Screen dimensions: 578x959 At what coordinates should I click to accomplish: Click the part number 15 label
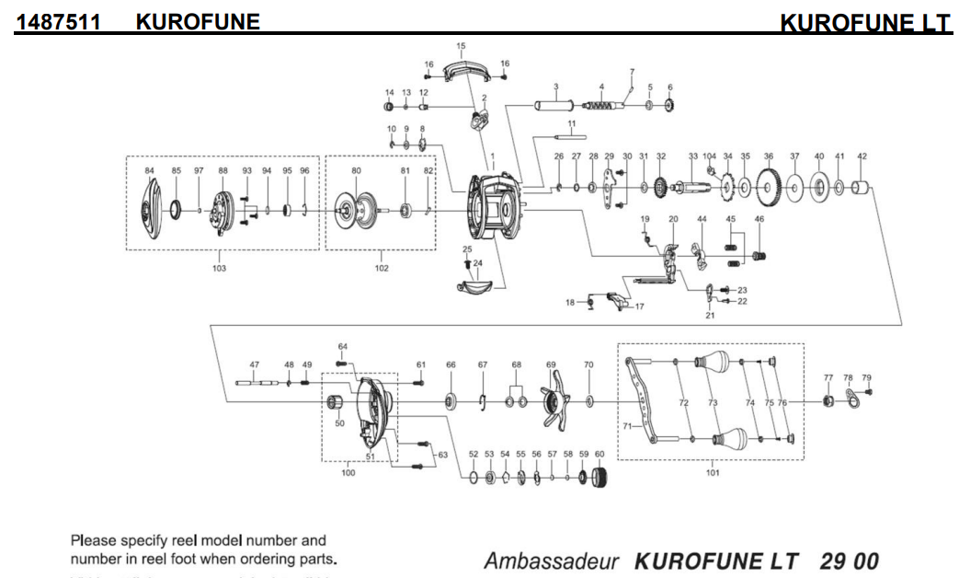coord(461,45)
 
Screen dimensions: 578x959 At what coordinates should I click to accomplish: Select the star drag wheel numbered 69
coord(552,402)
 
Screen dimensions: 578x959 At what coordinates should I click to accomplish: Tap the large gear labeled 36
coord(769,190)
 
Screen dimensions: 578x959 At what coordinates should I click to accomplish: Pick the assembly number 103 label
coord(219,269)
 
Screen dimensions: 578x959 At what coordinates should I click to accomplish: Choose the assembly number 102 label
coord(381,269)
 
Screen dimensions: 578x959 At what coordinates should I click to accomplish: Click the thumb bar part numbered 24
coord(476,287)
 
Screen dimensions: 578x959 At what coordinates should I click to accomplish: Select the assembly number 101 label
coord(712,473)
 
